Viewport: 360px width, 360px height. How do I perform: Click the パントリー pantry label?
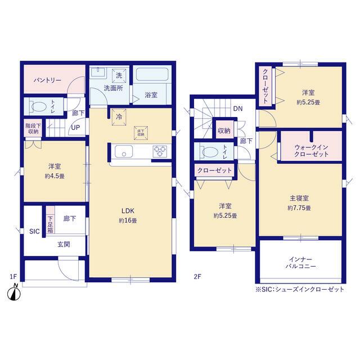tap(47, 80)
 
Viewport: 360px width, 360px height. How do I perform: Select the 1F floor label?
tap(13, 276)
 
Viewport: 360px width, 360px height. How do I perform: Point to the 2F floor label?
tap(197, 276)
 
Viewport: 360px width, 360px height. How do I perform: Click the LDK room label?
tap(128, 211)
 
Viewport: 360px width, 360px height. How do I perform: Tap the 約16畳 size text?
tap(128, 220)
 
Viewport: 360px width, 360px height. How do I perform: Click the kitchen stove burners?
tap(160, 151)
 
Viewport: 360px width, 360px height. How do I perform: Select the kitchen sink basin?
tap(124, 151)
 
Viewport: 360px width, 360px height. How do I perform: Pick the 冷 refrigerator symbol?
tap(119, 117)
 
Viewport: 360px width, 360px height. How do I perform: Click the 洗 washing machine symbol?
tap(119, 75)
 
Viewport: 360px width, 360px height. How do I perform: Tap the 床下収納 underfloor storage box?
tap(141, 133)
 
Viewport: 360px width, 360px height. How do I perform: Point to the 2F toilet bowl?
tap(210, 152)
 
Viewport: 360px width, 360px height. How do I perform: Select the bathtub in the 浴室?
tap(152, 74)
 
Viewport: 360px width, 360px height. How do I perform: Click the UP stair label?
tap(75, 128)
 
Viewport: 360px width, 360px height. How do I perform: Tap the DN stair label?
tap(237, 109)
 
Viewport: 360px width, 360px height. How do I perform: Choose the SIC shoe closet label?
tap(34, 231)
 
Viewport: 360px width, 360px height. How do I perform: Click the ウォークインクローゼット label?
tap(311, 151)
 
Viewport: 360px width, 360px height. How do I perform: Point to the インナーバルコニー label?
tap(300, 263)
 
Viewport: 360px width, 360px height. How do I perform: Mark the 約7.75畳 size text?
tap(299, 208)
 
